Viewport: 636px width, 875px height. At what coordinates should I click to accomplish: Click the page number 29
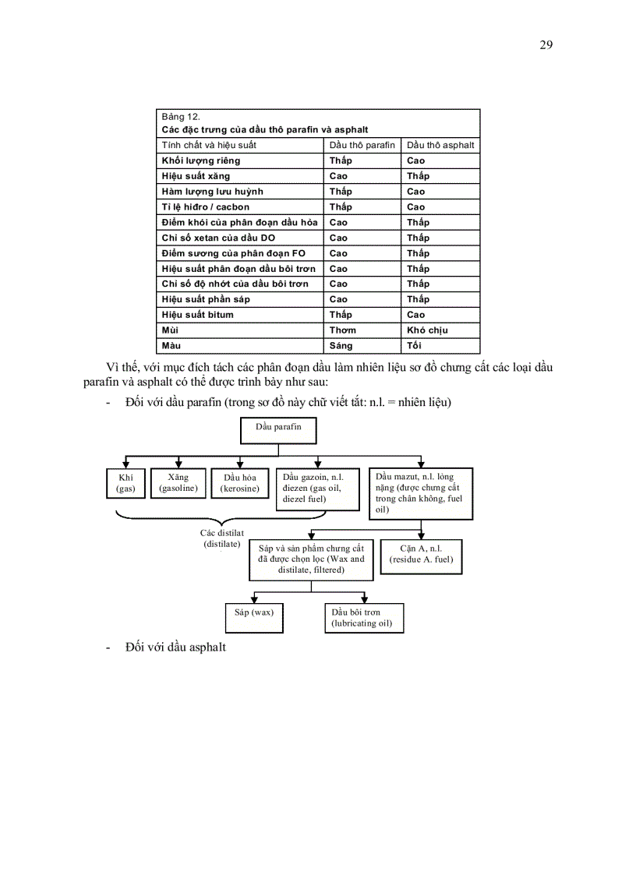pyautogui.click(x=546, y=44)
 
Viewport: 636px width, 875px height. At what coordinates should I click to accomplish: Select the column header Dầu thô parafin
pyautogui.click(x=362, y=145)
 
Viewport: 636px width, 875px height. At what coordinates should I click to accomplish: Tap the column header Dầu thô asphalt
pyautogui.click(x=440, y=145)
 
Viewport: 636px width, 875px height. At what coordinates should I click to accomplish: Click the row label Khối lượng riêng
pyautogui.click(x=201, y=161)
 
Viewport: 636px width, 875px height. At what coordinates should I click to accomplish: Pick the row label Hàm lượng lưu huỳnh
pyautogui.click(x=213, y=191)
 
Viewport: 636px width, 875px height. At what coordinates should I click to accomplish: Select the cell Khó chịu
pyautogui.click(x=427, y=330)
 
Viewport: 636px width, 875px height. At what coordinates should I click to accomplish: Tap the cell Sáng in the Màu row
pyautogui.click(x=341, y=345)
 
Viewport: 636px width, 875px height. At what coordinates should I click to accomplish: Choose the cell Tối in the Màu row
pyautogui.click(x=414, y=345)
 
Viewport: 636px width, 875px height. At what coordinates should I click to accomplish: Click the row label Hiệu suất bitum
pyautogui.click(x=198, y=315)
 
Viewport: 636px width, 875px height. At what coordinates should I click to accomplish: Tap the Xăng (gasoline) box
pyautogui.click(x=178, y=483)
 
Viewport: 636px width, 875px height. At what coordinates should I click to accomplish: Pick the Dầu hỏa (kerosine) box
pyautogui.click(x=240, y=483)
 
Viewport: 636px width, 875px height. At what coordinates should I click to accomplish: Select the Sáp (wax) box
pyautogui.click(x=254, y=617)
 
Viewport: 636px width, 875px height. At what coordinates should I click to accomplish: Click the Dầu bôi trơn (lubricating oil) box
pyautogui.click(x=363, y=618)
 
